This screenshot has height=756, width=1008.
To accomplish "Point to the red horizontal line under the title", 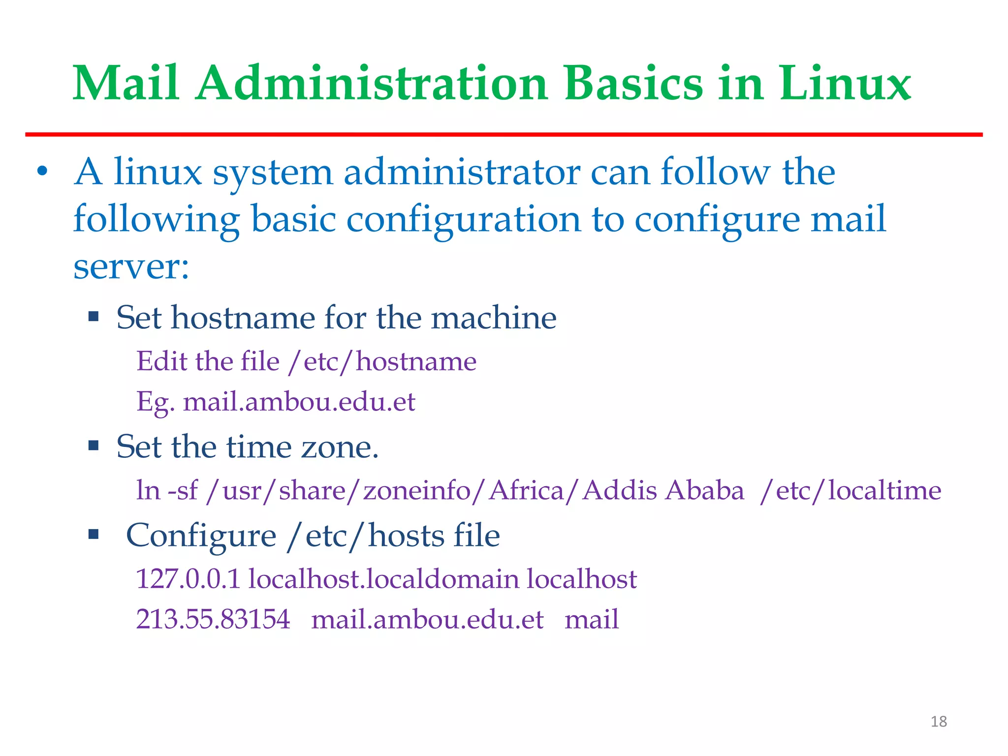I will click(x=504, y=134).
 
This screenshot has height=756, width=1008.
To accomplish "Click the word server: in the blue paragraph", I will click(x=131, y=267).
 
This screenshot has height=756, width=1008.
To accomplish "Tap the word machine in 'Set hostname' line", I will click(x=494, y=317).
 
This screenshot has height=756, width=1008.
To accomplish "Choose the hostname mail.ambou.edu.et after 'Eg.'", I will click(x=299, y=402).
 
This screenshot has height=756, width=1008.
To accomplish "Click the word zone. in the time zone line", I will click(x=340, y=447).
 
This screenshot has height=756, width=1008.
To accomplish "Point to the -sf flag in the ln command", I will click(x=183, y=491).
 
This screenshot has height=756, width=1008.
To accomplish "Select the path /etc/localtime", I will click(x=850, y=491).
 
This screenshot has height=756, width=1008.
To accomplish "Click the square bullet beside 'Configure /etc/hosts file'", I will click(x=94, y=534).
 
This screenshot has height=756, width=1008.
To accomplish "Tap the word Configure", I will click(x=201, y=535).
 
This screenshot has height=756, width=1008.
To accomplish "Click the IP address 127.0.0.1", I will click(x=188, y=579).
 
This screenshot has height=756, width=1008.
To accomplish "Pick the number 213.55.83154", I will click(x=213, y=619).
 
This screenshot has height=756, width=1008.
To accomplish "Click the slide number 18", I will click(x=939, y=722).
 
